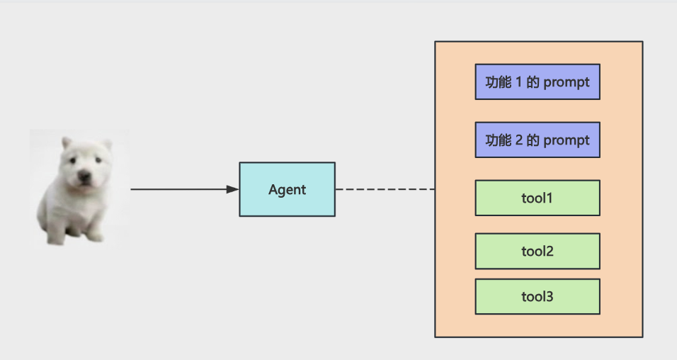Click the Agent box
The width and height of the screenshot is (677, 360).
point(287,189)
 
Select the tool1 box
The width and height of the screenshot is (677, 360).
point(537,198)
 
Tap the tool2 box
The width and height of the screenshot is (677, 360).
point(537,251)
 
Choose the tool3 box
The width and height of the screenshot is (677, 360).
point(537,296)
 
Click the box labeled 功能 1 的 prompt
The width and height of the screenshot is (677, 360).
point(537,81)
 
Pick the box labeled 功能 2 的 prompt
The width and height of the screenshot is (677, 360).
point(537,140)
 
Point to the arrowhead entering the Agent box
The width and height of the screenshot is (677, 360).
point(233,189)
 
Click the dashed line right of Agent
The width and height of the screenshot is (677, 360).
point(385,189)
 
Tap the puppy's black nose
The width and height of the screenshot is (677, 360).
point(84,176)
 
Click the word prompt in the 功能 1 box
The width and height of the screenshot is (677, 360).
point(567,82)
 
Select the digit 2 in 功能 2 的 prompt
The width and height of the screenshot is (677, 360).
point(519,140)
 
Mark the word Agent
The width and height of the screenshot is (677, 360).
point(287,190)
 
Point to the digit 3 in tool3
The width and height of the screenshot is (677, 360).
point(550,296)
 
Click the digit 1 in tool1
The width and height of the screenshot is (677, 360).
point(550,198)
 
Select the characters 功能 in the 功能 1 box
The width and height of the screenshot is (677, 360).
point(499,82)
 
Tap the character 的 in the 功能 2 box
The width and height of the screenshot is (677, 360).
point(533,140)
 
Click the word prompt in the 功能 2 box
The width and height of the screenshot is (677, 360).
point(567,140)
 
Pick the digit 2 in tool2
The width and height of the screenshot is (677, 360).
point(550,251)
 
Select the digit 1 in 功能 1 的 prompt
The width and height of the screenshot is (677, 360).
point(519,82)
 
